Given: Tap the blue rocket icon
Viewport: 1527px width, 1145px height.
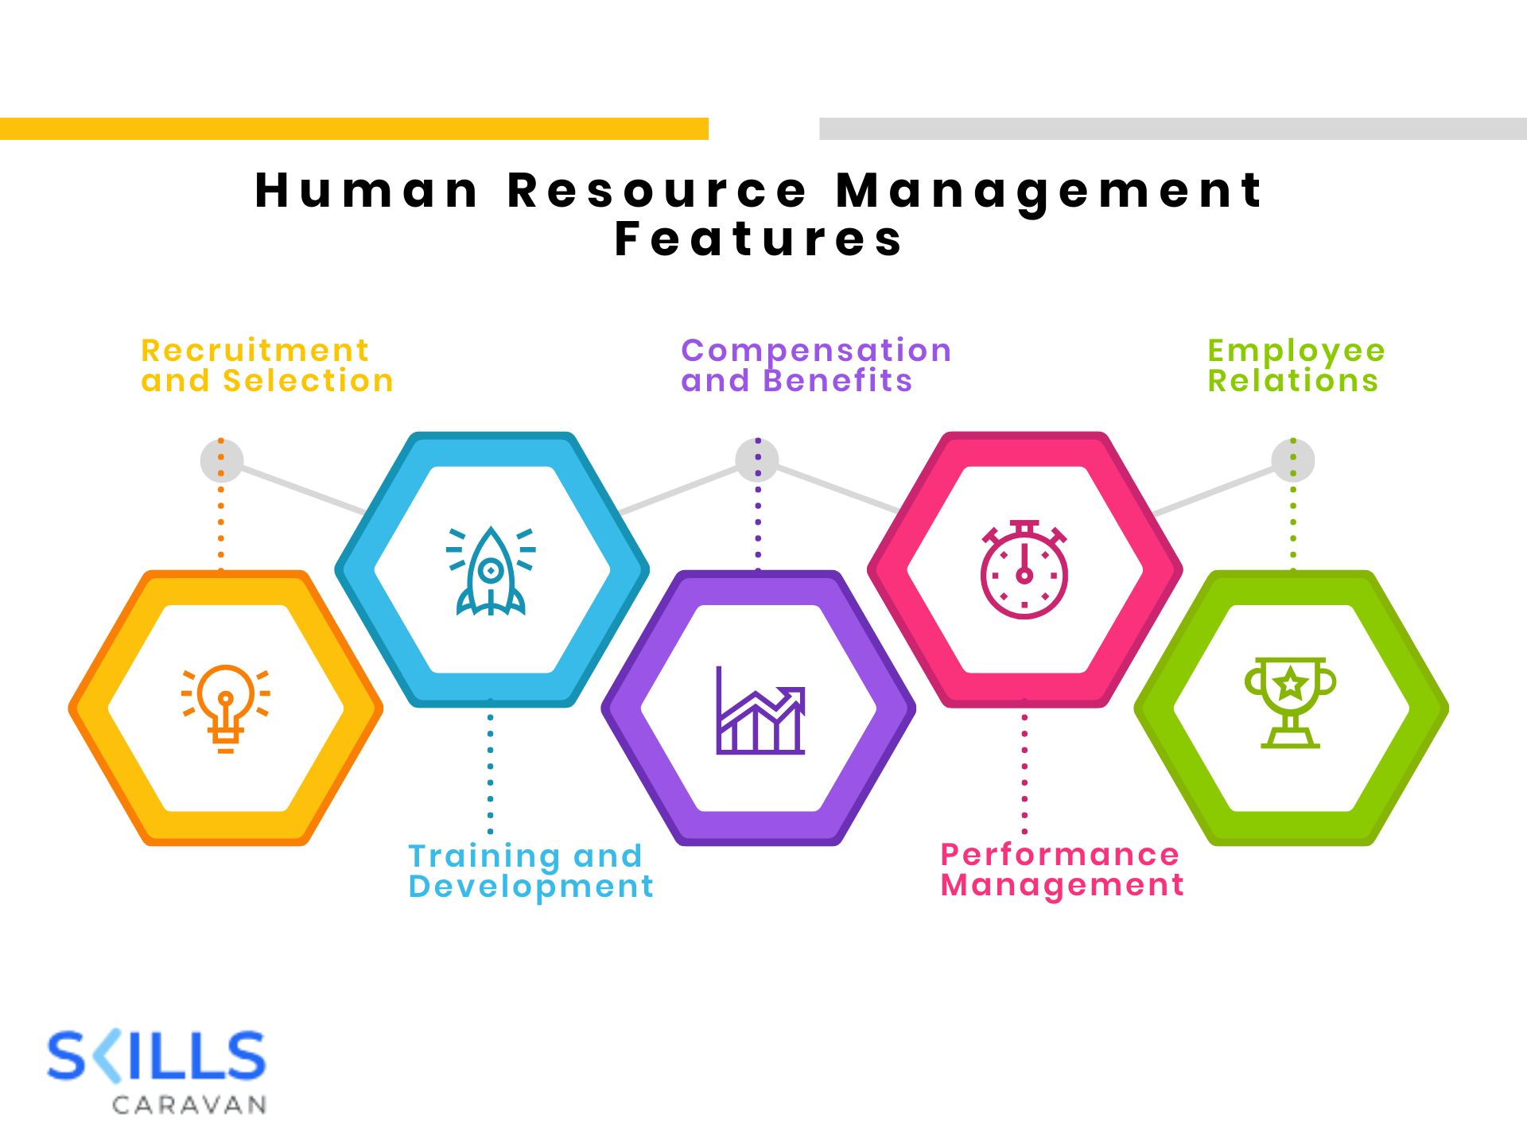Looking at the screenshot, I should tap(491, 571).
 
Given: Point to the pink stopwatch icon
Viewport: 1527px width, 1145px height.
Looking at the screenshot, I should tap(1024, 570).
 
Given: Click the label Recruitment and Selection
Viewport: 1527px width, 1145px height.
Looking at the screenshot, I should tap(266, 366).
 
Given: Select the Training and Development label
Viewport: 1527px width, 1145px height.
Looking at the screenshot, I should tap(530, 871).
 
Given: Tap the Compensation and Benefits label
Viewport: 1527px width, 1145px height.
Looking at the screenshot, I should tap(815, 366).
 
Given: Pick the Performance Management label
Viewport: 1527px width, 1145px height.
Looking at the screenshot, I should tap(1062, 869).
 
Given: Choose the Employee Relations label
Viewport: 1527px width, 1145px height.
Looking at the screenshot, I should tap(1296, 366).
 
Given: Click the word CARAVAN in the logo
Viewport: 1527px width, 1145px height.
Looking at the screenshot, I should tap(189, 1104).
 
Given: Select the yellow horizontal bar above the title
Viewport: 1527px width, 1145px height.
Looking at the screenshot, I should tap(354, 129).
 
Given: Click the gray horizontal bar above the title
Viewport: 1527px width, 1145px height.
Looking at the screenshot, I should tap(1172, 129).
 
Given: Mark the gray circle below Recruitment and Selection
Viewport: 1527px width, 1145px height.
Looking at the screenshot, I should tap(222, 460).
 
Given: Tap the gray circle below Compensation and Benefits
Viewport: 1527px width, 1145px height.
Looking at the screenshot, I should tap(757, 460).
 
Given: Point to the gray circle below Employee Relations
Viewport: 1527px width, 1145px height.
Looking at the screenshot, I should tap(1292, 460).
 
